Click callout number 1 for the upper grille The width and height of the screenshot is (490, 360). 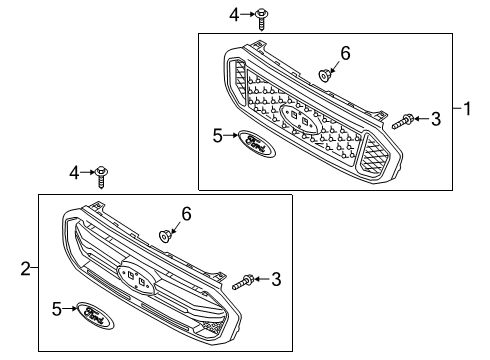click(x=466, y=108)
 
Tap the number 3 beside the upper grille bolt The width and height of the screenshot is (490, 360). click(x=435, y=120)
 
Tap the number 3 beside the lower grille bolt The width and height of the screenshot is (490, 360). click(x=276, y=280)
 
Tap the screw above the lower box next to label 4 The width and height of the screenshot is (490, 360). click(x=104, y=176)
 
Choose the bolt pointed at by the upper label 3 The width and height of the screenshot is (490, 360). click(x=403, y=122)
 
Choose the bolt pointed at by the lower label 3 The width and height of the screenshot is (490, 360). click(x=244, y=283)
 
